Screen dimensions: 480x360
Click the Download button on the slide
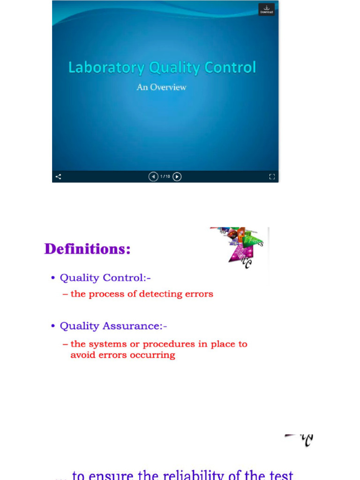[266, 9]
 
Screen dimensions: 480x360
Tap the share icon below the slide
[59, 177]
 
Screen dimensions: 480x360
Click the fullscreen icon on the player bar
[271, 177]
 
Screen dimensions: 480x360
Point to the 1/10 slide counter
[165, 177]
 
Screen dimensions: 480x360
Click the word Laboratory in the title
[106, 68]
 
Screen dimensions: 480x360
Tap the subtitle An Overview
[161, 87]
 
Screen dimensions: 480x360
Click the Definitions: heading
[88, 249]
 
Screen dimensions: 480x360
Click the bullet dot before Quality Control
[53, 278]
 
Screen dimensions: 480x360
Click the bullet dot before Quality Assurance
[53, 326]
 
